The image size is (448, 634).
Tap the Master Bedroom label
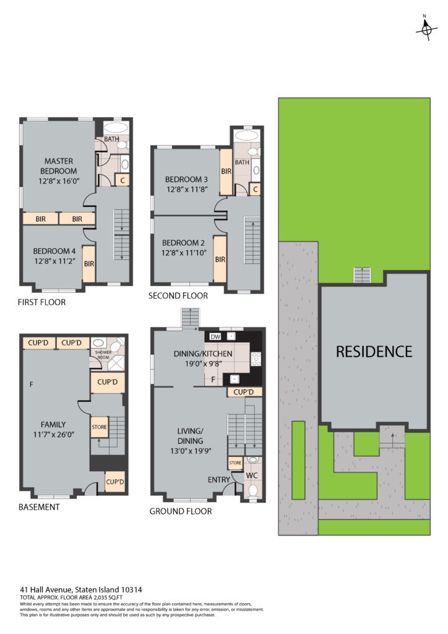coord(59,166)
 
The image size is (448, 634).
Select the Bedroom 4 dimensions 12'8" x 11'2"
coord(54,261)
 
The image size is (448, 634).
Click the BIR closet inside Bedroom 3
coord(226,172)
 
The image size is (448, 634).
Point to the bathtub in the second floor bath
coord(248,135)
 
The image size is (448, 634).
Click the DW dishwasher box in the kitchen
coord(215,336)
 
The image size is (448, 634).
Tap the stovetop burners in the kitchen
coord(256,359)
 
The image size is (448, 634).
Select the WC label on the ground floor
coord(252,475)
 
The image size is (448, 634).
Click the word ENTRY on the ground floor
coord(219,480)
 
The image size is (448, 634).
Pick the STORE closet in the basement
coord(100,427)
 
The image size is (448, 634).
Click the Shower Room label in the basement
coord(103,355)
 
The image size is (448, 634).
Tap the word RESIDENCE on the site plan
coord(374,352)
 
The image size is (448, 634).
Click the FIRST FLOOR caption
coord(41,302)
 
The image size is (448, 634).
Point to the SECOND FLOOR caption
coord(178,295)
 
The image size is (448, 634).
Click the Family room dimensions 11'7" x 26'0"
coord(54,435)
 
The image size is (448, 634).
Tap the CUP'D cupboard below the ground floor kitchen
coord(244,392)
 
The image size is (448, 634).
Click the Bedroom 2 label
coord(183,243)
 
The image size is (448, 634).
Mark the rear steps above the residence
coord(363,275)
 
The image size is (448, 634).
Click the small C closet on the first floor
coord(123,180)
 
